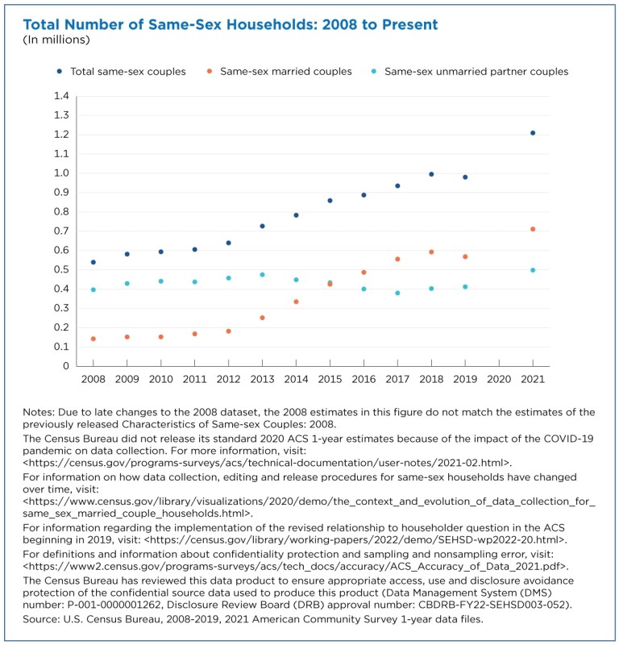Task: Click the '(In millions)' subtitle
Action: click(x=56, y=40)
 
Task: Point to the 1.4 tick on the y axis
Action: click(x=61, y=96)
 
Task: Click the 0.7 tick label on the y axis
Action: click(x=61, y=231)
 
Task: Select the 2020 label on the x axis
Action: click(x=499, y=378)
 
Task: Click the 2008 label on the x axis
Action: click(x=93, y=378)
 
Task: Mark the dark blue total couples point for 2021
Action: click(x=533, y=133)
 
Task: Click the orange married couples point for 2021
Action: click(x=533, y=229)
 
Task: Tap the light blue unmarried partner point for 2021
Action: click(x=533, y=270)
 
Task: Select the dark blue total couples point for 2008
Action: click(x=93, y=262)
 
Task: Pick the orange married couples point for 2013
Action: click(x=262, y=318)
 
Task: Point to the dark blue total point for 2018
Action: click(x=431, y=174)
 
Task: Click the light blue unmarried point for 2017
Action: click(x=397, y=293)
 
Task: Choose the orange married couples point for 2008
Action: click(x=93, y=339)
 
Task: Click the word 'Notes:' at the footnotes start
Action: click(x=41, y=412)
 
